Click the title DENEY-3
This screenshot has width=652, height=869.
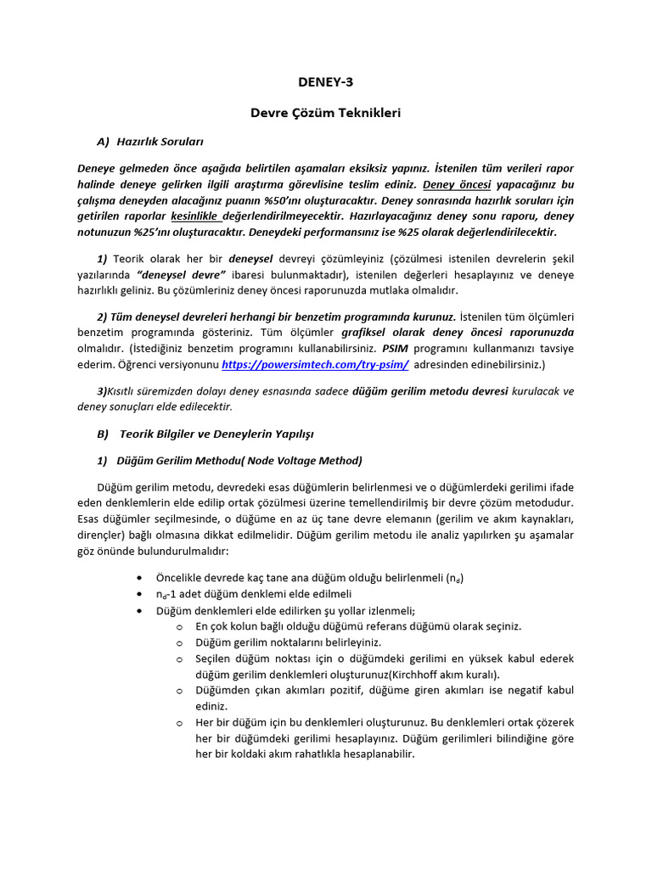(x=325, y=82)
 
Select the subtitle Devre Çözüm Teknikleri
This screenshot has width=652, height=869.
(x=325, y=112)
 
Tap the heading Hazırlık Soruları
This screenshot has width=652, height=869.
(x=160, y=141)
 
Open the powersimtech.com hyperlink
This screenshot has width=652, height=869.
(x=315, y=365)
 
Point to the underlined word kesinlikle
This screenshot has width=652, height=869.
(x=196, y=216)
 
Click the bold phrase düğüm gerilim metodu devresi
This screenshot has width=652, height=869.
(x=430, y=391)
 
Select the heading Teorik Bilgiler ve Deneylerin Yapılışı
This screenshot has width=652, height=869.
(x=216, y=434)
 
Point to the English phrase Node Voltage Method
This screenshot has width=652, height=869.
(x=309, y=460)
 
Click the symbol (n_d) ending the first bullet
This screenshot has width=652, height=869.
(x=455, y=578)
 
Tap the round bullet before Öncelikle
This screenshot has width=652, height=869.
(x=138, y=578)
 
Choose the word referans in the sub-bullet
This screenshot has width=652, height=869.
(x=390, y=626)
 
